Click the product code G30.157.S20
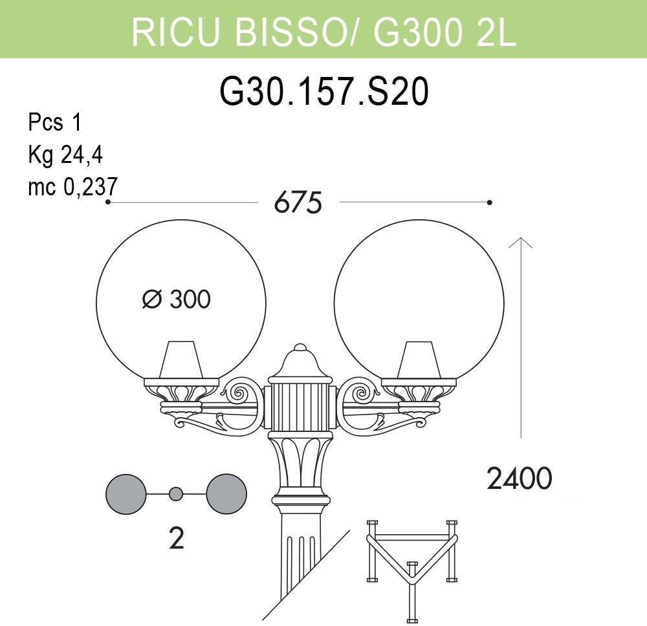(x=324, y=92)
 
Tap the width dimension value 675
(x=298, y=203)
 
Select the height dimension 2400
(x=520, y=479)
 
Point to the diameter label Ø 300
(x=176, y=299)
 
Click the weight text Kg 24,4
(x=65, y=155)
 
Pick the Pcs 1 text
(x=55, y=122)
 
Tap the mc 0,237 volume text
(x=73, y=187)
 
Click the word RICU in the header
(x=175, y=31)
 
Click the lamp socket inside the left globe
(x=182, y=359)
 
